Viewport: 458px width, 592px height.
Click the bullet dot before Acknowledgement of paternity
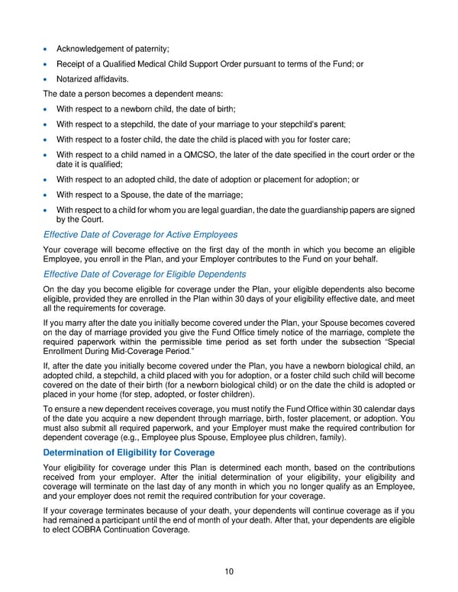[47, 50]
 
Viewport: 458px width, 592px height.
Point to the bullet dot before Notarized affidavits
[47, 79]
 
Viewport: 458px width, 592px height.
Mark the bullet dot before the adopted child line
[47, 180]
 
